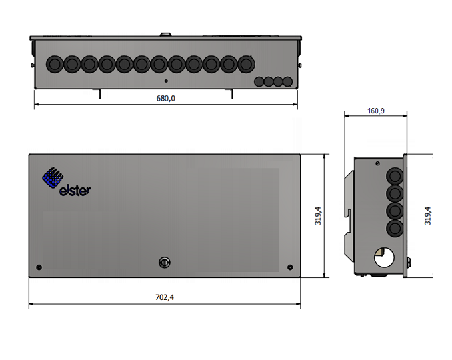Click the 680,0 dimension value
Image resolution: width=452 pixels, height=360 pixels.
click(165, 98)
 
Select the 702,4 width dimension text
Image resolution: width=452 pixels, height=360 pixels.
click(165, 297)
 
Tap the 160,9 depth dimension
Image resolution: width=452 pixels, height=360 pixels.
click(376, 111)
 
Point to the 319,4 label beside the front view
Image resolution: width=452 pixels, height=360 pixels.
click(318, 216)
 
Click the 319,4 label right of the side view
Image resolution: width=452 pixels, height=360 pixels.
click(428, 216)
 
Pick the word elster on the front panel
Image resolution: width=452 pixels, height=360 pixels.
click(75, 191)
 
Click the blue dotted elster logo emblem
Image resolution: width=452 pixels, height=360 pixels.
click(53, 177)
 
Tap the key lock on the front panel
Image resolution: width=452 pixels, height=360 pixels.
click(165, 263)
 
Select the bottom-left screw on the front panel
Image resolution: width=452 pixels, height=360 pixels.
click(39, 267)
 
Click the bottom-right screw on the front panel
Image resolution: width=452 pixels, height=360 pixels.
click(290, 267)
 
